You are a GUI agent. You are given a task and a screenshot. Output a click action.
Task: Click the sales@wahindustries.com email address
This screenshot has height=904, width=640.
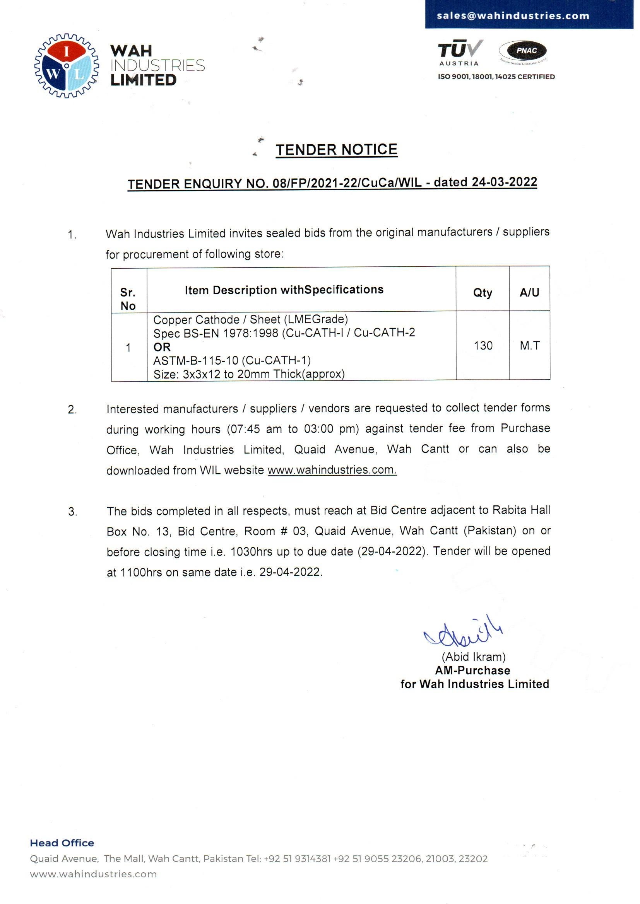[x=513, y=16]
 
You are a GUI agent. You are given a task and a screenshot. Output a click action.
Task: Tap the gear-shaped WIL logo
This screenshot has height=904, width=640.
[x=66, y=66]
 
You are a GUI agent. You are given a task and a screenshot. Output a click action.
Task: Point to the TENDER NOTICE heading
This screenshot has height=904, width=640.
[x=336, y=150]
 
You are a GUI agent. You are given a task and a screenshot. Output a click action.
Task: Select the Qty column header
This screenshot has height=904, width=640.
[x=483, y=293]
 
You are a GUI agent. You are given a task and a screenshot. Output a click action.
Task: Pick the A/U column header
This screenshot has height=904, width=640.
[x=529, y=293]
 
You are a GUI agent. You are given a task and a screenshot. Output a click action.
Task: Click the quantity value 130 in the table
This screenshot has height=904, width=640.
[x=483, y=346]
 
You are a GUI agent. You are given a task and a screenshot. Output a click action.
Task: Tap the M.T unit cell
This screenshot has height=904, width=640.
[x=530, y=346]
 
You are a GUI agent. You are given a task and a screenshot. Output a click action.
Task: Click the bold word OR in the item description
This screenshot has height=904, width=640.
[x=162, y=347]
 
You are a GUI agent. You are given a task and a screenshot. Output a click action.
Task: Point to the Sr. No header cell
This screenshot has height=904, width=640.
[x=128, y=299]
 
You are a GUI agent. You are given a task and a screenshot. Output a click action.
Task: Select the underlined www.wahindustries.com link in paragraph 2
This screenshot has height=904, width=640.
[x=332, y=470]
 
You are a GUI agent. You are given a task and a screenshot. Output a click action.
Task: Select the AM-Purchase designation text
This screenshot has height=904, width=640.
[x=472, y=670]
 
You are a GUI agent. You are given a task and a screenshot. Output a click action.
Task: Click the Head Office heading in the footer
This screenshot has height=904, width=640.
[x=62, y=843]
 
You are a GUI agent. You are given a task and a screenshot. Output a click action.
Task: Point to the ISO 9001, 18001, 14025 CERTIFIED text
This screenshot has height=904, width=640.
[x=496, y=77]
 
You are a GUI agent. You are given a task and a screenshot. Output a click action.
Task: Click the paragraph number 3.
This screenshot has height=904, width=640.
[x=72, y=512]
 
